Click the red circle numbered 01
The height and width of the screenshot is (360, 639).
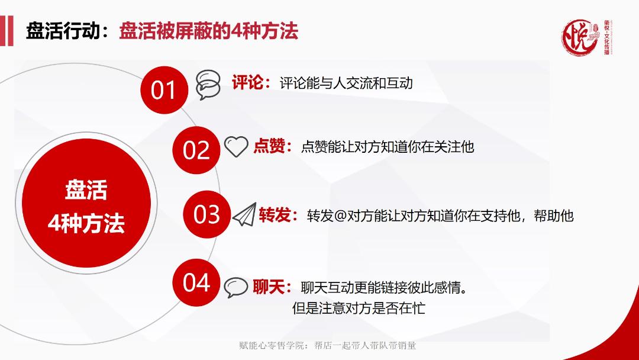click(x=164, y=91)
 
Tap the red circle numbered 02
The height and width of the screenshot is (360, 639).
click(x=196, y=149)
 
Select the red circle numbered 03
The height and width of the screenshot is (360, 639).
click(x=206, y=214)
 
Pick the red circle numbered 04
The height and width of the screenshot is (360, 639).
click(x=196, y=282)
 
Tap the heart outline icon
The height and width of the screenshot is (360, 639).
click(x=237, y=147)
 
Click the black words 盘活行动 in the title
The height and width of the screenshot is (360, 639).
click(x=62, y=31)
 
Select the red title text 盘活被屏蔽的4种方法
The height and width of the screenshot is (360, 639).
click(x=209, y=31)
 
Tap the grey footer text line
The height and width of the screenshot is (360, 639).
click(x=319, y=345)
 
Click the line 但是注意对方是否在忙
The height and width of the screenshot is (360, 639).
click(x=359, y=308)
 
